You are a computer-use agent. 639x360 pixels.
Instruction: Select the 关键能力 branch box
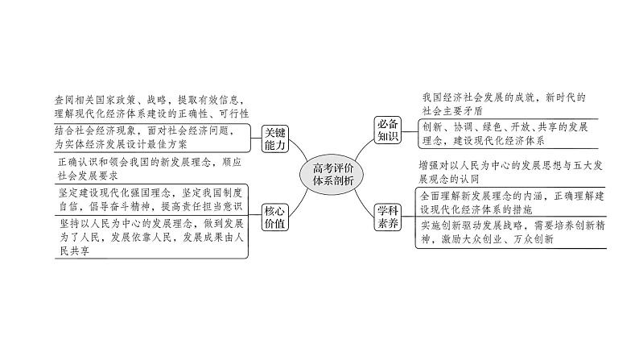(277, 139)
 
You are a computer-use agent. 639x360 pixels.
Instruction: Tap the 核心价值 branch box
(277, 217)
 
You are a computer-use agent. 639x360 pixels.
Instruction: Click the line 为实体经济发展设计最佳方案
(125, 144)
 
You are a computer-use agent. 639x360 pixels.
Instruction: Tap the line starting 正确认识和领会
(144, 161)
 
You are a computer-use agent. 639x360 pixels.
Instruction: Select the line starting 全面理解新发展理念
(519, 196)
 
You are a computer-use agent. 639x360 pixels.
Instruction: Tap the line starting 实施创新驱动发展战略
(519, 226)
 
